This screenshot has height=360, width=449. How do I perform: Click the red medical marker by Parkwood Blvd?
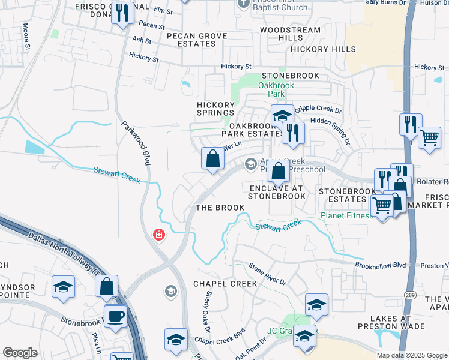pos(159,235)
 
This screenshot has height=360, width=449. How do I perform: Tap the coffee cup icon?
pos(115,316)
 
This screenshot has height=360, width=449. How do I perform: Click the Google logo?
pos(20,353)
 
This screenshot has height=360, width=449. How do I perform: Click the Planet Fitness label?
pos(346,215)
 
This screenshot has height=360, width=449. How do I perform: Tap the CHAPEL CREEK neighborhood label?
pos(225,283)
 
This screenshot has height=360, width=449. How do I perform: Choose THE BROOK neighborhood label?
pos(220,208)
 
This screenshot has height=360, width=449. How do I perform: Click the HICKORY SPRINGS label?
pos(215,109)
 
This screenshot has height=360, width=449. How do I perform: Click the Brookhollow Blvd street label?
pos(381,265)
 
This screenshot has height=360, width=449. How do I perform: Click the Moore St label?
pos(26,36)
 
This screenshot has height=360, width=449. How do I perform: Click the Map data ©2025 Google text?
pos(412,355)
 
